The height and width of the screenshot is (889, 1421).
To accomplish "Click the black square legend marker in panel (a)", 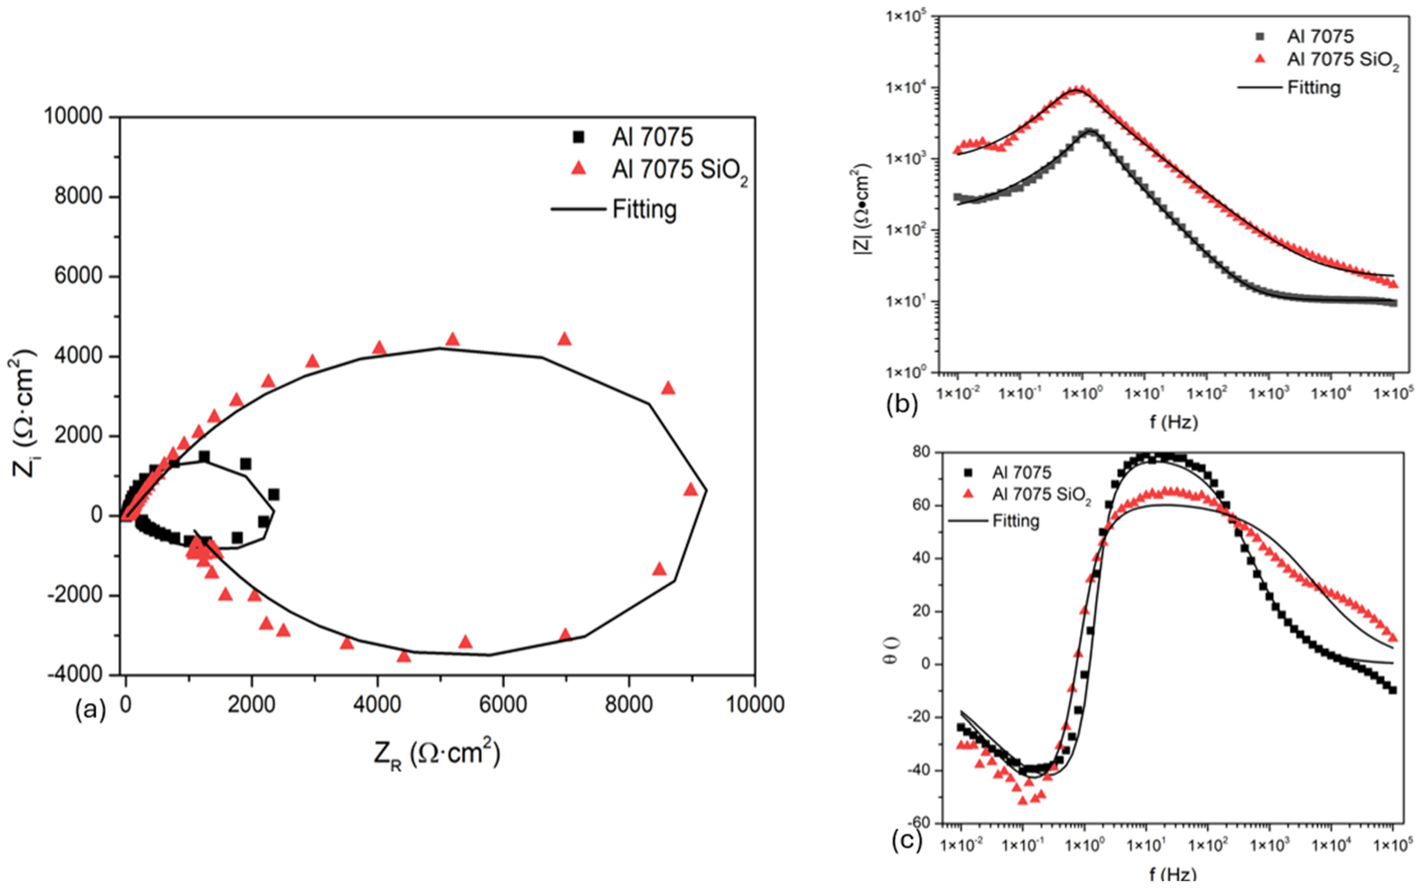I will click(579, 137).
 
